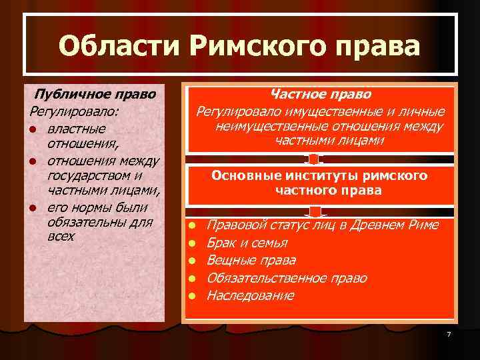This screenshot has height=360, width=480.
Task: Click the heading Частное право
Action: [x=321, y=95]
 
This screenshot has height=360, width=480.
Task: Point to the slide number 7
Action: [x=449, y=334]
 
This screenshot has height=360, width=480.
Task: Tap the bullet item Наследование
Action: [x=250, y=295]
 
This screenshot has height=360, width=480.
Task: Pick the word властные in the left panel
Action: [x=77, y=127]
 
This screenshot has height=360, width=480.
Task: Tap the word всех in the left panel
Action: [x=61, y=236]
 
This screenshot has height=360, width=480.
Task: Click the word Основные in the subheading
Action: [x=244, y=175]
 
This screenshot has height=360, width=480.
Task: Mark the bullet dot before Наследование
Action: [x=191, y=295]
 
